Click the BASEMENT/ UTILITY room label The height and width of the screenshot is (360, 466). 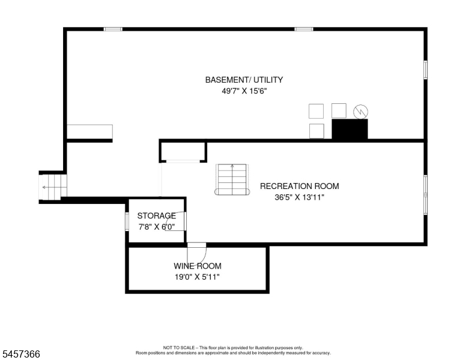pyautogui.click(x=244, y=80)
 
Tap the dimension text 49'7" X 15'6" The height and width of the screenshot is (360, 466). pyautogui.click(x=244, y=91)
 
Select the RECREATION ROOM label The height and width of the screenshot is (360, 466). pyautogui.click(x=300, y=186)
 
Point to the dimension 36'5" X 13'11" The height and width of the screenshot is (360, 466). pyautogui.click(x=299, y=197)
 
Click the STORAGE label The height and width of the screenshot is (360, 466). pyautogui.click(x=157, y=215)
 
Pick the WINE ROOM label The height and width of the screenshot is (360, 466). pyautogui.click(x=198, y=266)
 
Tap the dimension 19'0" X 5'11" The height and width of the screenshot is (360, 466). pyautogui.click(x=197, y=277)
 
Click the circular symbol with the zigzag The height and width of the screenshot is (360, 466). pyautogui.click(x=360, y=112)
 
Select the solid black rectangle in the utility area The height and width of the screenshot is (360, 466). pyautogui.click(x=349, y=129)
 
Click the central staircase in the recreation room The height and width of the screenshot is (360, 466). pyautogui.click(x=232, y=179)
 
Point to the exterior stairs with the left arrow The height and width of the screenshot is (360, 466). pyautogui.click(x=53, y=187)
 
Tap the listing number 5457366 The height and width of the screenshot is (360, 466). pyautogui.click(x=21, y=354)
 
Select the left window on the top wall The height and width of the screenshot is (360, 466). pyautogui.click(x=113, y=29)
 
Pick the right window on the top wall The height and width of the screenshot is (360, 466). pyautogui.click(x=304, y=29)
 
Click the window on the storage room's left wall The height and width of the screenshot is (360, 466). pyautogui.click(x=127, y=221)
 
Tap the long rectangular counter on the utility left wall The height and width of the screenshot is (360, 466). pyautogui.click(x=89, y=131)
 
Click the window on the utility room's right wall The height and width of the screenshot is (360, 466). pyautogui.click(x=426, y=70)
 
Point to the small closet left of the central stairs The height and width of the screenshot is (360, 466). pyautogui.click(x=183, y=152)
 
